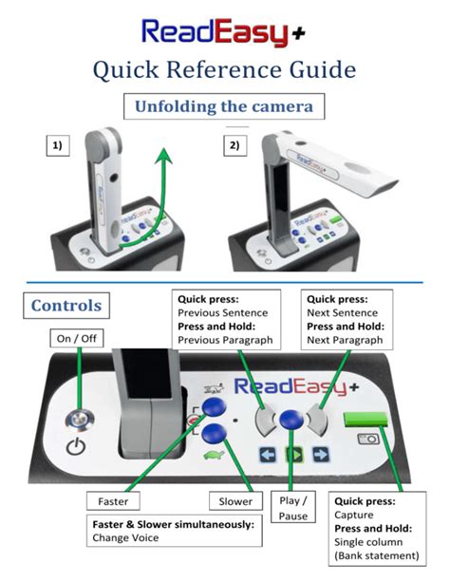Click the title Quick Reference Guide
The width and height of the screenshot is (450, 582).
click(224, 69)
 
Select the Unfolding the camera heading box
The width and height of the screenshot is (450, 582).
click(224, 106)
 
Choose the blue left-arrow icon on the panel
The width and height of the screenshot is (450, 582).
click(268, 455)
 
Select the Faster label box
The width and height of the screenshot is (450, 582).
click(113, 500)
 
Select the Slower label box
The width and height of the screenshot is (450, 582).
click(233, 500)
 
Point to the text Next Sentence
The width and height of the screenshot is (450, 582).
click(343, 311)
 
